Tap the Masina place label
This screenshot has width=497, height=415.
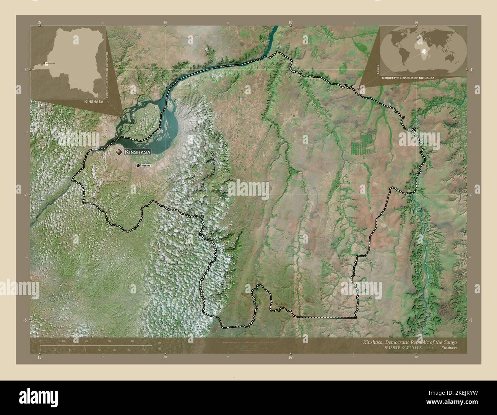tap(146, 165)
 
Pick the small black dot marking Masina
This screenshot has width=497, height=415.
tap(138, 165)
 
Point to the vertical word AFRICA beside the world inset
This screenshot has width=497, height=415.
tap(377, 70)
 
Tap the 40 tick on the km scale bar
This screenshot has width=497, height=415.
tap(132, 341)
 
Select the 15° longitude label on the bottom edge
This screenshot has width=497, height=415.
tap(39, 357)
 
